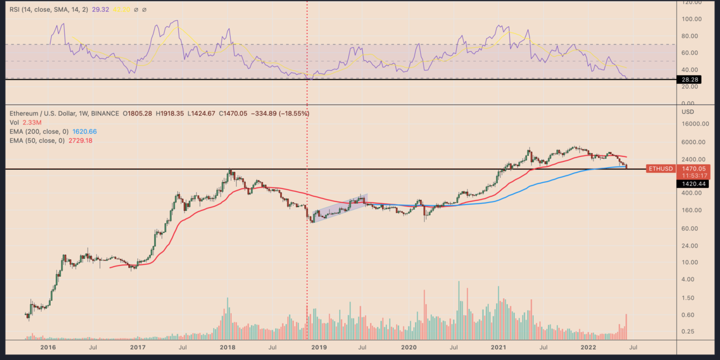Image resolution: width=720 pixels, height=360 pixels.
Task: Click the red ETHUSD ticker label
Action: pos(660,168)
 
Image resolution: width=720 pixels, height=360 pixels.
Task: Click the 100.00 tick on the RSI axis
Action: pos(690,19)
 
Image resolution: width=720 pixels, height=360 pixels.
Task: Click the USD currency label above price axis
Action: pos(687,111)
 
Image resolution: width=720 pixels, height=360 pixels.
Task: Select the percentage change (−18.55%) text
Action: pos(290,114)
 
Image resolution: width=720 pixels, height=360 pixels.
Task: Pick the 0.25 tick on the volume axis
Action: pos(687,332)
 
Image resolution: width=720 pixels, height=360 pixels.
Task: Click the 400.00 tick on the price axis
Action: pos(691,193)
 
